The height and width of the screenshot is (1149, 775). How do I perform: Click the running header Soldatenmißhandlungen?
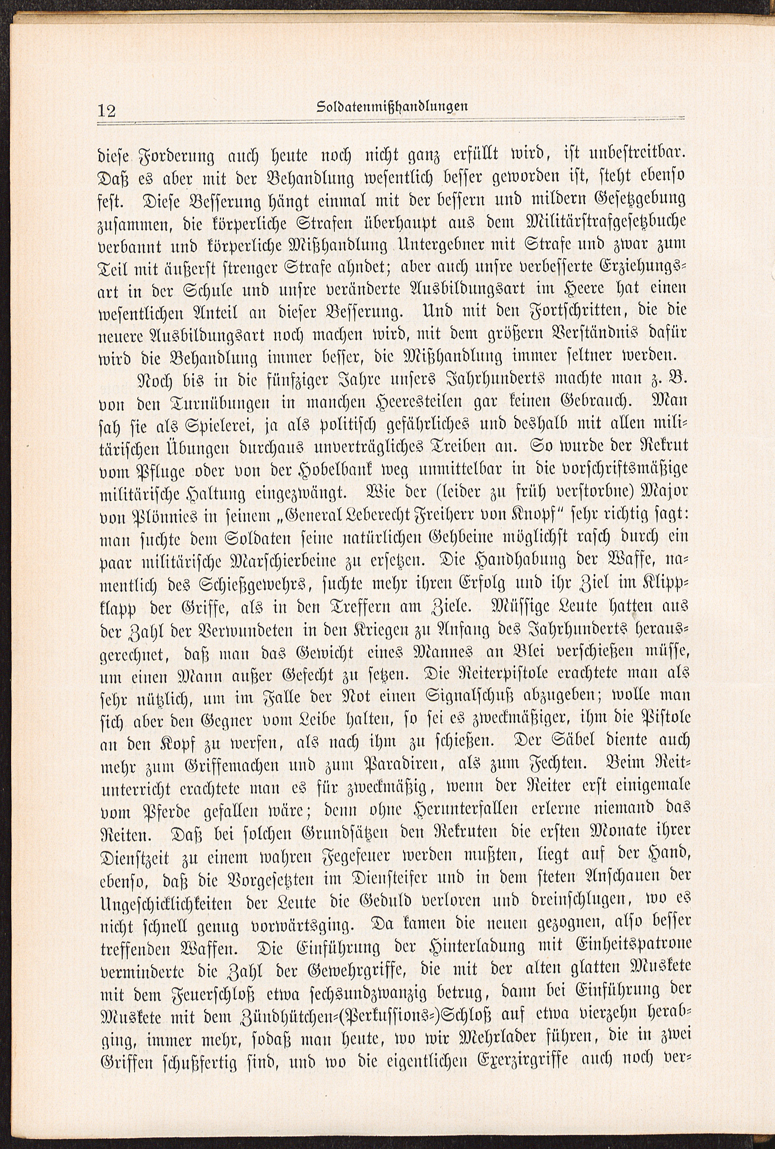(x=392, y=106)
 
